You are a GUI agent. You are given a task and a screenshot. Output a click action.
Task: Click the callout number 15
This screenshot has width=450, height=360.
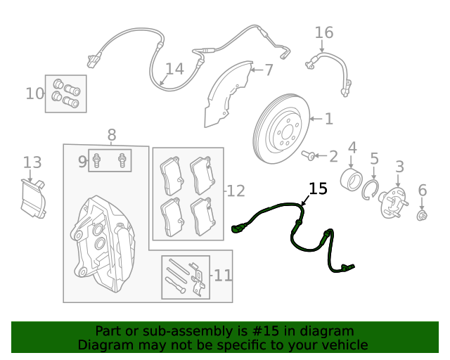point(318,188)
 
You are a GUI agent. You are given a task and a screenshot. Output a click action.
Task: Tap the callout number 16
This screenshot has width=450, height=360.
point(323,32)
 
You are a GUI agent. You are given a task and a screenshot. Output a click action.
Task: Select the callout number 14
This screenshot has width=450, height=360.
point(174,69)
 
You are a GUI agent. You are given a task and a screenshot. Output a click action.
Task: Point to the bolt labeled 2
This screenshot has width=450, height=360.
point(309,155)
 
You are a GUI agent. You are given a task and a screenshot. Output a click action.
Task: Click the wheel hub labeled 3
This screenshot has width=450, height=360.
point(392,202)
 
